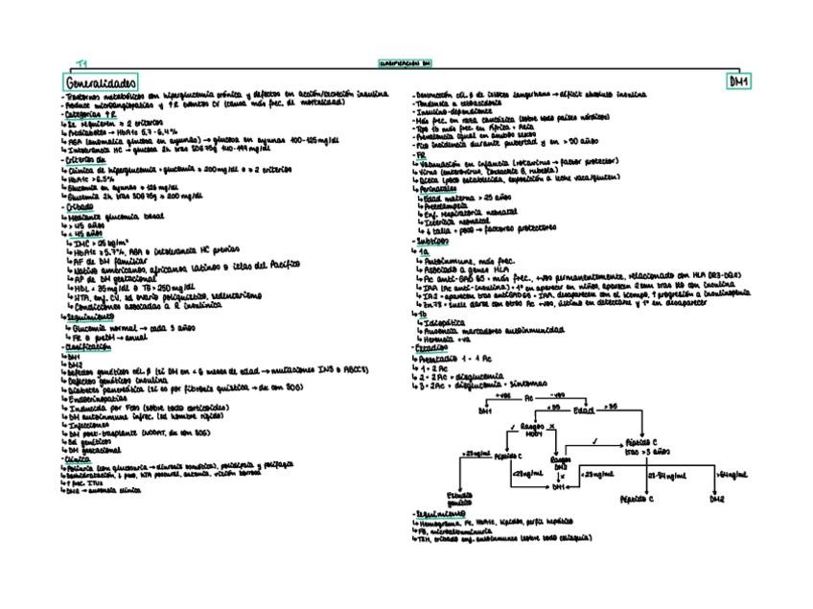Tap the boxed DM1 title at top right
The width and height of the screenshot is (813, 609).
[x=739, y=82]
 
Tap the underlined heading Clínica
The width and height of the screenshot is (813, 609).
[x=76, y=458]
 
